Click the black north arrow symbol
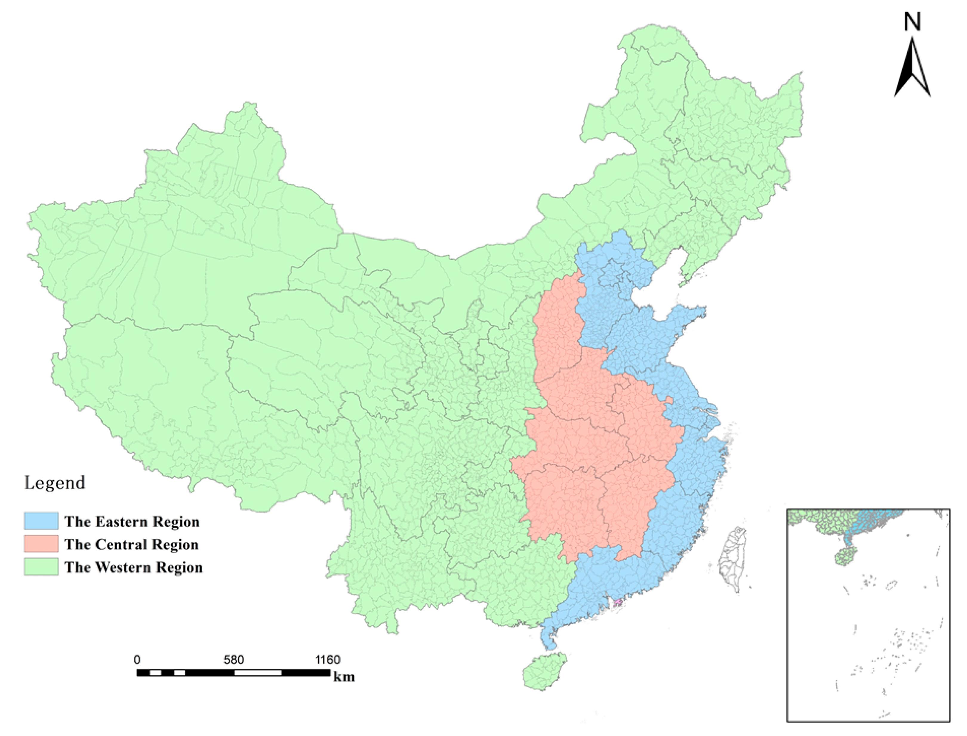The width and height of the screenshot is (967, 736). [912, 70]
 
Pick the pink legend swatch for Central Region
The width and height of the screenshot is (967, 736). [41, 544]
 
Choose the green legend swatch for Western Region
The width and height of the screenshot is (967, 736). [41, 566]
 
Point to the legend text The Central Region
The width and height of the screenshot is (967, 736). [132, 545]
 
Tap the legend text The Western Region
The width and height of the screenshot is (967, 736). [134, 567]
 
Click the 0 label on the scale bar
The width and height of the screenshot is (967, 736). [138, 659]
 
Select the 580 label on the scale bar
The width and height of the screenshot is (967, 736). [233, 659]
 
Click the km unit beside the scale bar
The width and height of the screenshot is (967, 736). [344, 677]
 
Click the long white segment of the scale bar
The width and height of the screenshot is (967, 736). [258, 672]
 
